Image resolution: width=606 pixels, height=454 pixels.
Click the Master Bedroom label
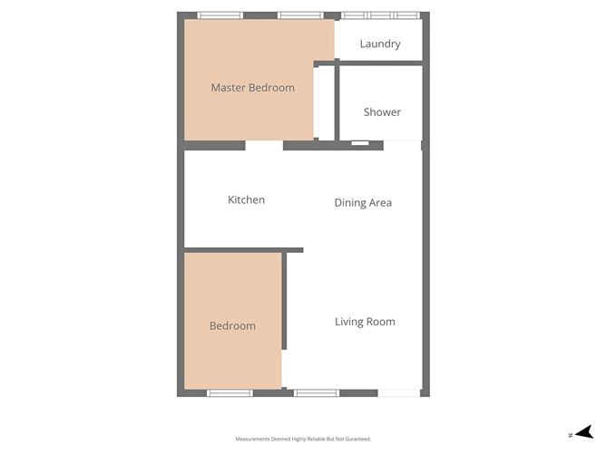click(x=252, y=88)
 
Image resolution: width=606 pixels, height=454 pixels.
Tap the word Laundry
click(x=380, y=43)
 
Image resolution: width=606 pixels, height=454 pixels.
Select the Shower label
click(x=382, y=112)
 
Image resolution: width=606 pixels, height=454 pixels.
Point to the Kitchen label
click(x=246, y=199)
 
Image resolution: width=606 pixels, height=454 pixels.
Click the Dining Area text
click(x=363, y=203)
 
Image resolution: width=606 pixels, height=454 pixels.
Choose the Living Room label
click(x=365, y=322)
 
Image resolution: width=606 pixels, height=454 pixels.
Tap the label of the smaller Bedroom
click(x=232, y=326)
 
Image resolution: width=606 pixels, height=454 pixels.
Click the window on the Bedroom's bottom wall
click(x=230, y=393)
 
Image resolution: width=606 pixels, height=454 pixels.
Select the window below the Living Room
click(x=317, y=393)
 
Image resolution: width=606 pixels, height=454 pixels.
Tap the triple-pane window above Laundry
click(x=380, y=15)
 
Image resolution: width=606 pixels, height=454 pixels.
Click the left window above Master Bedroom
click(x=220, y=15)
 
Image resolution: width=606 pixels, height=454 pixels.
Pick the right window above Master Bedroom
click(x=300, y=15)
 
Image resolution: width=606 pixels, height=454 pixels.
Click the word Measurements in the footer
click(x=257, y=439)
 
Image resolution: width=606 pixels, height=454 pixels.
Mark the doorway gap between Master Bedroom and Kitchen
click(x=264, y=145)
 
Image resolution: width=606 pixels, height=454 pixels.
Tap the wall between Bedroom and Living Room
click(x=284, y=299)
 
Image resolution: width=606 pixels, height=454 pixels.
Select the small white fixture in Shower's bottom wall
click(x=360, y=143)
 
